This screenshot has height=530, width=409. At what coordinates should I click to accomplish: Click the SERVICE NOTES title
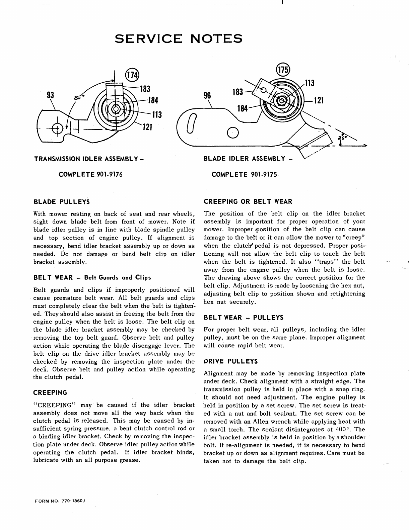[178, 38]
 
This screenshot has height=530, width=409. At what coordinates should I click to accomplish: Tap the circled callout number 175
[283, 69]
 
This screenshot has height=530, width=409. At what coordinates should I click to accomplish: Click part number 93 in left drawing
[51, 95]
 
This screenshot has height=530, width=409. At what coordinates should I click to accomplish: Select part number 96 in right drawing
[207, 96]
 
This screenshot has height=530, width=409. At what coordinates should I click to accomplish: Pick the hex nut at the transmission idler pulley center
[116, 109]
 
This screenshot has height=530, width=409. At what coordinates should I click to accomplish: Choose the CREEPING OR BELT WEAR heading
[248, 201]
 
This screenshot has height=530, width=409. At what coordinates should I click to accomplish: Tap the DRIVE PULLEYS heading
[231, 361]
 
